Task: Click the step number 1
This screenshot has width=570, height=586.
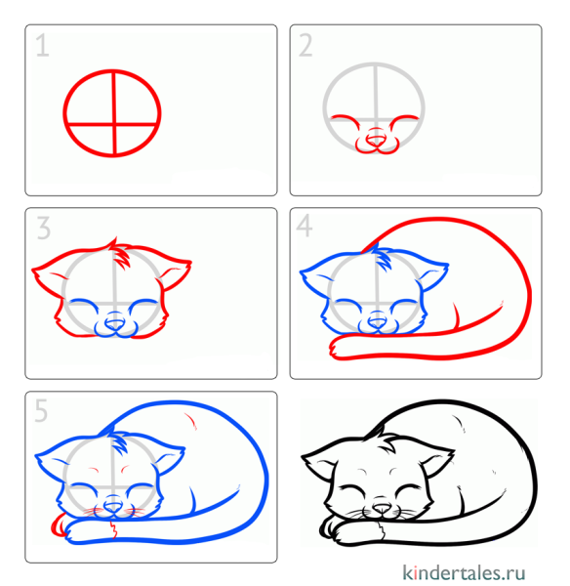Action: pos(42,45)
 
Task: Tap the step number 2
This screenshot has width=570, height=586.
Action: pos(306,45)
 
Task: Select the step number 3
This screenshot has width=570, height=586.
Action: pos(43,229)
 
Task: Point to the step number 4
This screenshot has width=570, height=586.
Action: pos(305,228)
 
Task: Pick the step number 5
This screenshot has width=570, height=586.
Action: pos(42,411)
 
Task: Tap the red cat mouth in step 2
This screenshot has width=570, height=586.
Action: pos(376,146)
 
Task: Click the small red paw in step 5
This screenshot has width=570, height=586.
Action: pos(56,527)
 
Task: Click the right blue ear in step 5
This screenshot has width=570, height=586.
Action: pos(171,458)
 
